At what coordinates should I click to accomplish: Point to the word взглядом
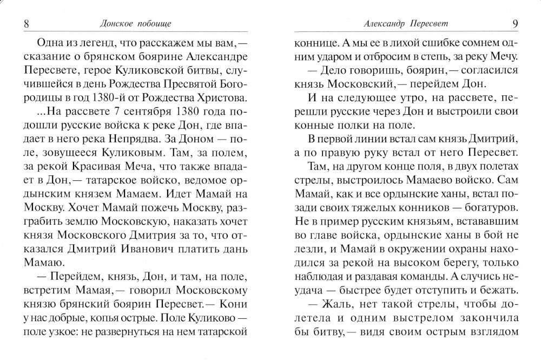pyautogui.click(x=491, y=330)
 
